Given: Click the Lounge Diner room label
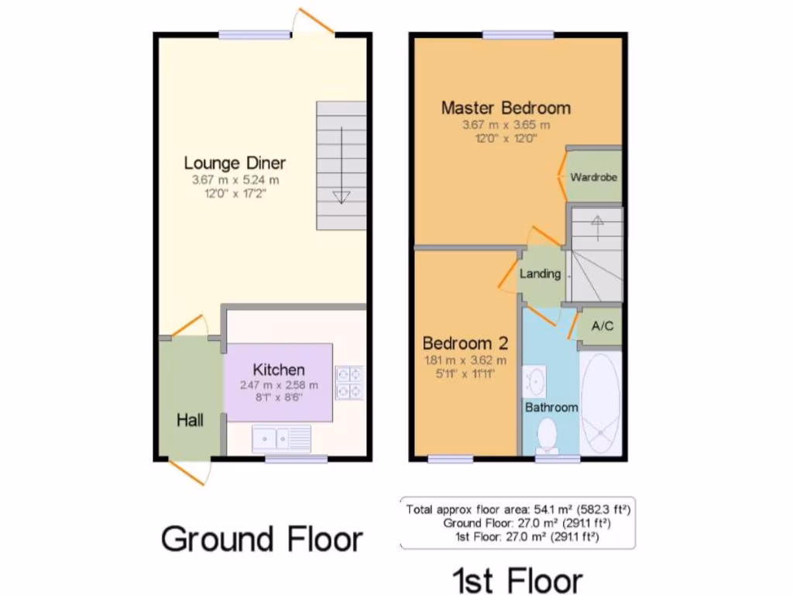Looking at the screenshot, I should [235, 163].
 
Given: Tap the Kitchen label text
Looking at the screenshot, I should [279, 370].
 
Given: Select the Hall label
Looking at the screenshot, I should [190, 420].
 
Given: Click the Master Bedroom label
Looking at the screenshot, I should [506, 108].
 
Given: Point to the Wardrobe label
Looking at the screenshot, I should [594, 177].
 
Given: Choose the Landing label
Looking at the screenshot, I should [540, 273].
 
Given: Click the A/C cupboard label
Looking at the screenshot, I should [602, 326].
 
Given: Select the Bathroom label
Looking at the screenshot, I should [551, 407].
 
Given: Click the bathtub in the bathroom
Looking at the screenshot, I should [600, 405].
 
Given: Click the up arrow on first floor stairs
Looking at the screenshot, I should [597, 222].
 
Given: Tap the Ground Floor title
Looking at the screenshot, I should [262, 538].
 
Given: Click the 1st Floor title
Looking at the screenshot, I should [517, 580].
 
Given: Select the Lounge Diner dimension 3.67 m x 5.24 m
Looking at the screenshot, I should [235, 180].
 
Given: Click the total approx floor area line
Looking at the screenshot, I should [517, 509].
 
